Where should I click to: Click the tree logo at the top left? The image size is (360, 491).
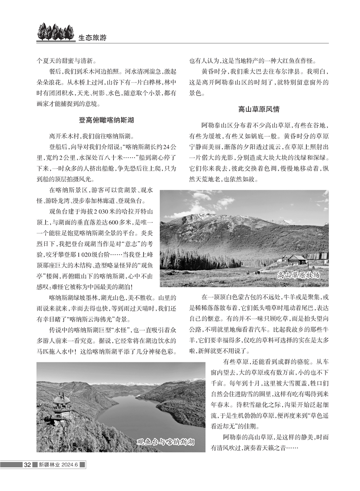coord(55,32)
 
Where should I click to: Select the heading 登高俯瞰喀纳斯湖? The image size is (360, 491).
coord(106,120)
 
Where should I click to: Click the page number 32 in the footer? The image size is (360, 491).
coord(27,465)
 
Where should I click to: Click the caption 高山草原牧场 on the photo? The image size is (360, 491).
coord(298,275)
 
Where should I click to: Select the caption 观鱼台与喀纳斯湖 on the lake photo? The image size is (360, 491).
coord(165,442)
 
